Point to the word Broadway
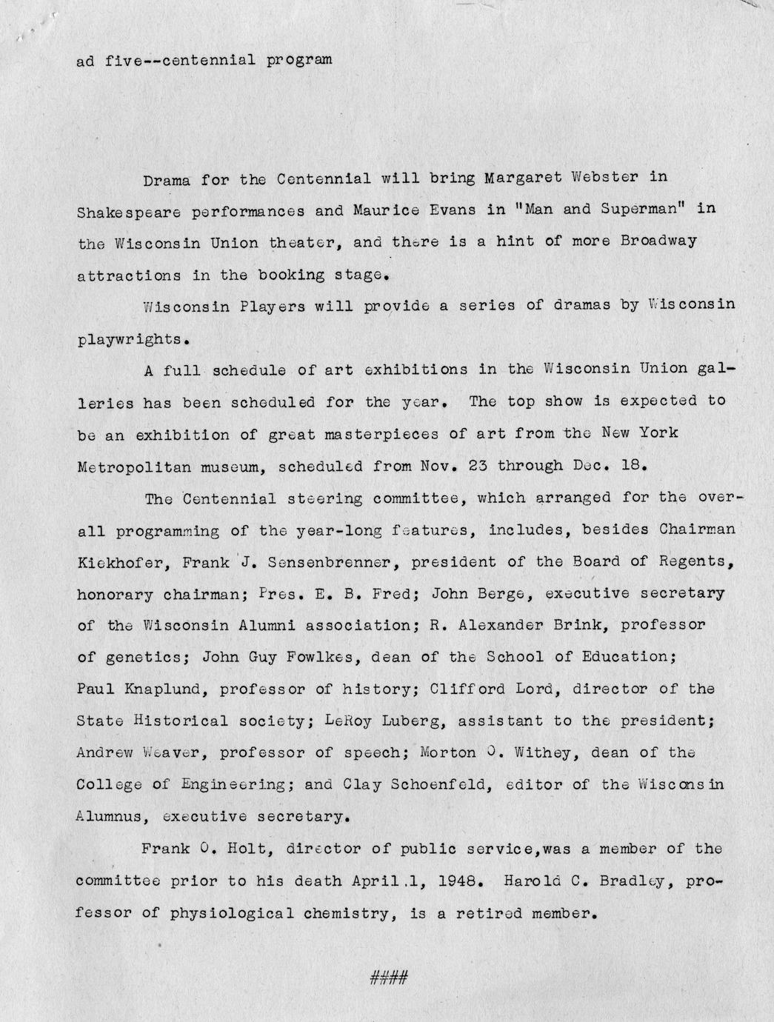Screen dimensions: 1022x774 coord(658,242)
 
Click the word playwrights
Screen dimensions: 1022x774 coord(128,340)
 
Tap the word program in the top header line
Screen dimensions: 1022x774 coord(298,60)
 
